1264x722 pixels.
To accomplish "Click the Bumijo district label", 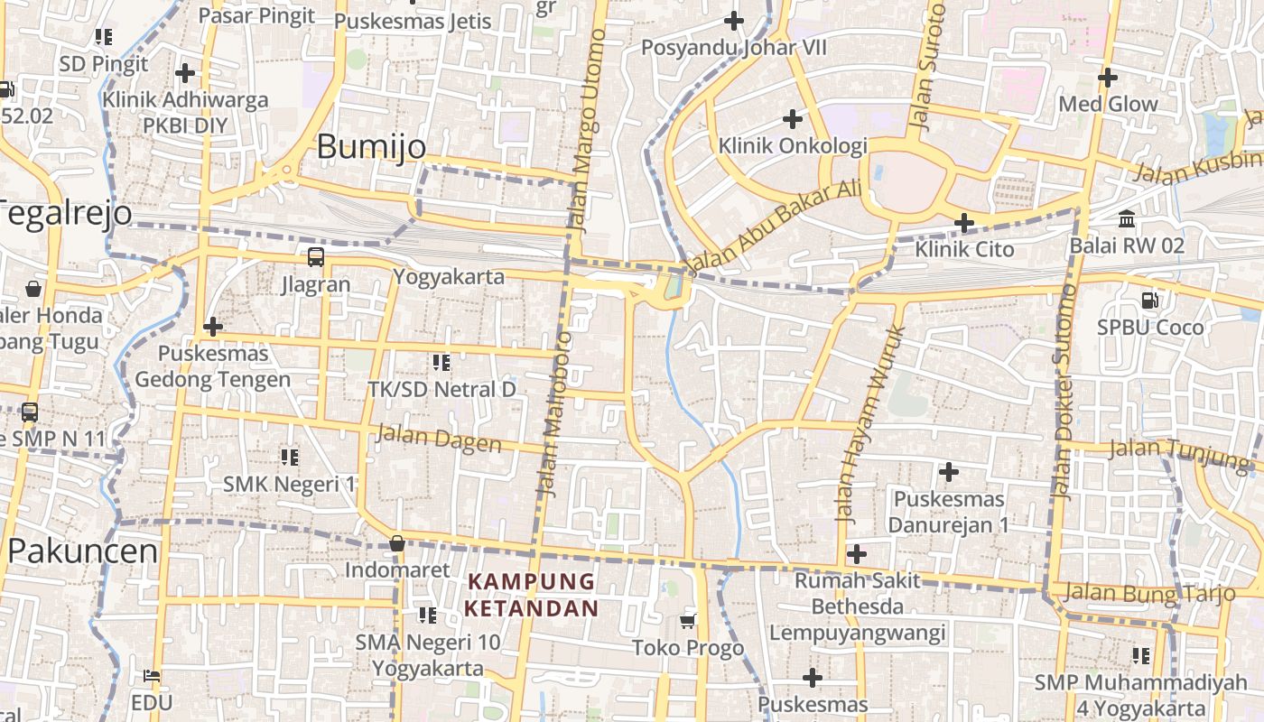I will (x=371, y=146).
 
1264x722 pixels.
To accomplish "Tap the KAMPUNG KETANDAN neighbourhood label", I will (x=531, y=595).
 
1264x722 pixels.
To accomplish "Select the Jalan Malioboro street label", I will (x=555, y=413).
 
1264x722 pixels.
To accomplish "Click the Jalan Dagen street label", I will (x=439, y=439).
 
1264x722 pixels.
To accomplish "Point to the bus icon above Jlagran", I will (x=316, y=257).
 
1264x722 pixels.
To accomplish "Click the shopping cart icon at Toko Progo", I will (x=688, y=621).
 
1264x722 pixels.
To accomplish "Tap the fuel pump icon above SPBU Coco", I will (x=1150, y=301).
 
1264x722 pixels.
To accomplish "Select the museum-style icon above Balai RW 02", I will (x=1127, y=219).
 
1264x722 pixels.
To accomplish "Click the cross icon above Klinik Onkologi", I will (x=792, y=119).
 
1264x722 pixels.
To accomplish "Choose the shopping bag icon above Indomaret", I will (x=396, y=543).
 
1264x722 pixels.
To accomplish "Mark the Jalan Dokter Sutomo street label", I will (x=1064, y=392).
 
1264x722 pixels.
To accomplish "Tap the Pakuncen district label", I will (x=82, y=551).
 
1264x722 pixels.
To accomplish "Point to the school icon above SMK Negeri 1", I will (x=289, y=458).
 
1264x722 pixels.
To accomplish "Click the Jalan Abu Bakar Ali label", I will (x=774, y=227).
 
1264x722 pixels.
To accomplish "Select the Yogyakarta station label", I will (x=449, y=277).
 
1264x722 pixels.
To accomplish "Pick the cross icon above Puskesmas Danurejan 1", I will (x=948, y=472).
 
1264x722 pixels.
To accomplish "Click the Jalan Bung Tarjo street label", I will (x=1148, y=593).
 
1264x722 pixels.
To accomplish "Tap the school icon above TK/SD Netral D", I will (x=441, y=363).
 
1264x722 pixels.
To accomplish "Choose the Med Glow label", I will (x=1108, y=104).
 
